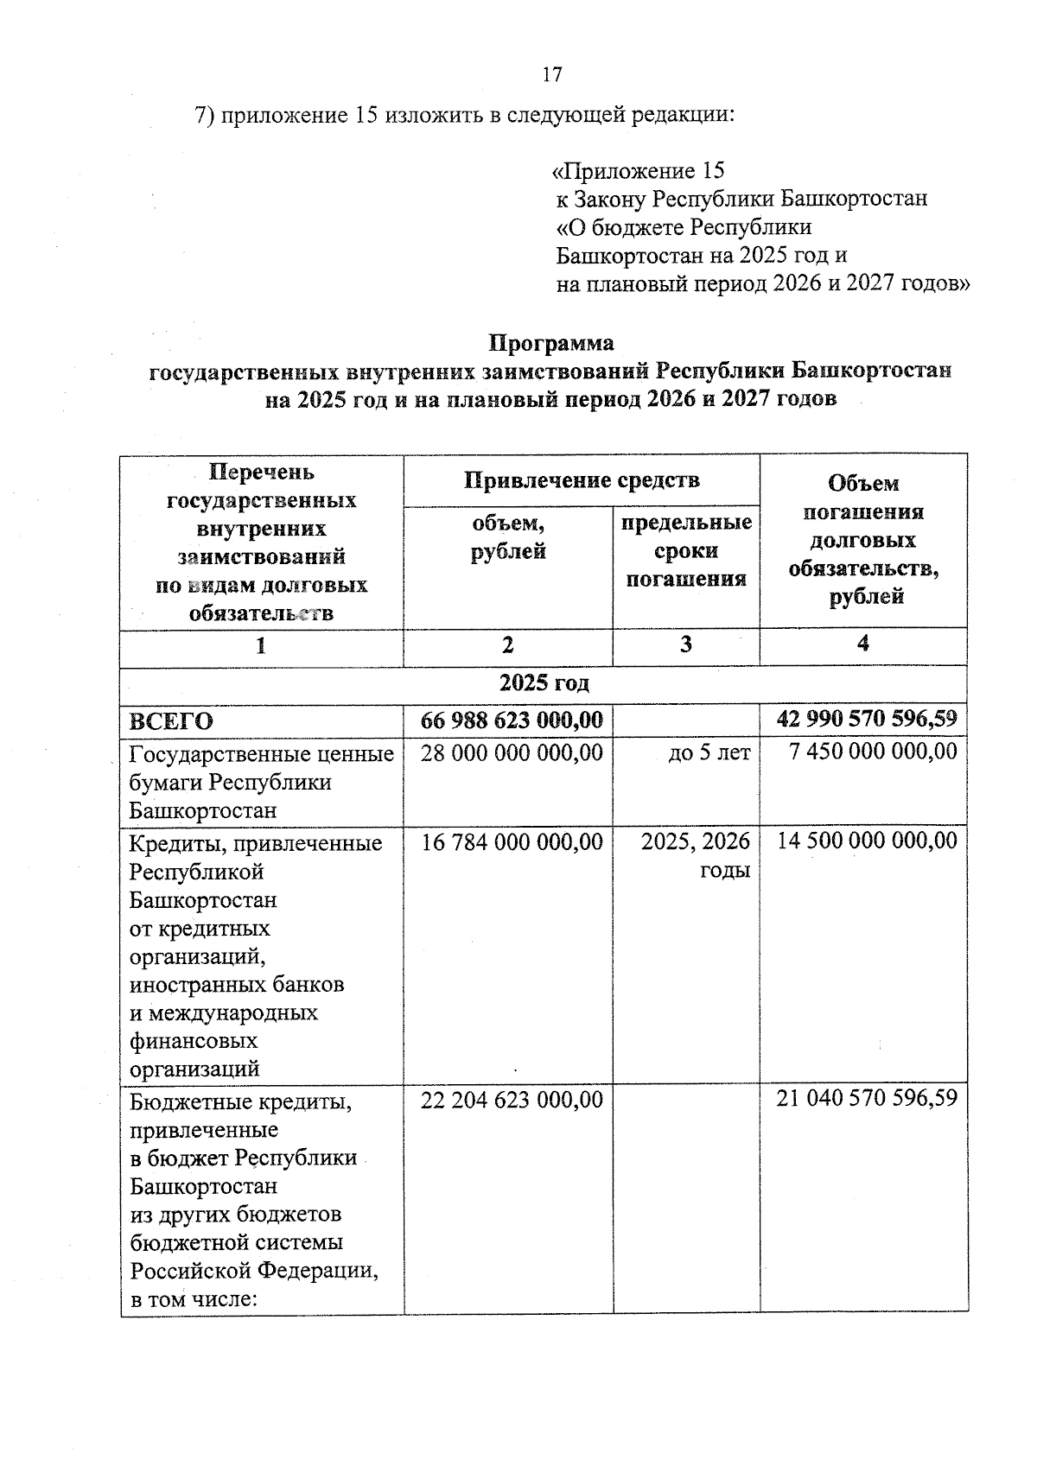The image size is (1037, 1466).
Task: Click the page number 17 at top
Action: point(552,75)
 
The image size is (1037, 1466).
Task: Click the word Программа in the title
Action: point(551,344)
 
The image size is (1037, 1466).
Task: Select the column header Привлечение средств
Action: point(582,480)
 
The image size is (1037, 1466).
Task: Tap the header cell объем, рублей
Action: point(508,537)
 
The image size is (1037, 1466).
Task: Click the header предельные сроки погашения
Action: point(686,551)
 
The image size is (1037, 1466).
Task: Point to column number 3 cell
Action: point(686,645)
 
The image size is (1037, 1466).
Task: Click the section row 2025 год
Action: point(544,683)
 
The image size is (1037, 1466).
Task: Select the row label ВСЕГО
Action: point(171,720)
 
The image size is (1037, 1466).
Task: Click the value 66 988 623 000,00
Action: point(512,720)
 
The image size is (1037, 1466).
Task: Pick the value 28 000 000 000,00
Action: point(512,752)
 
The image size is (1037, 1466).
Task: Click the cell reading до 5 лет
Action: point(709,753)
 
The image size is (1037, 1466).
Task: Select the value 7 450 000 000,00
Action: point(873,752)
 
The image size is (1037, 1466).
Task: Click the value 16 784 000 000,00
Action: point(512,841)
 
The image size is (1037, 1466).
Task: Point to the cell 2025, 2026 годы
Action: point(696,855)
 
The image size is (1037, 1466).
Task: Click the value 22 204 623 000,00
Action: point(512,1100)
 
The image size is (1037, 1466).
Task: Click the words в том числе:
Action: point(194,1299)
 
